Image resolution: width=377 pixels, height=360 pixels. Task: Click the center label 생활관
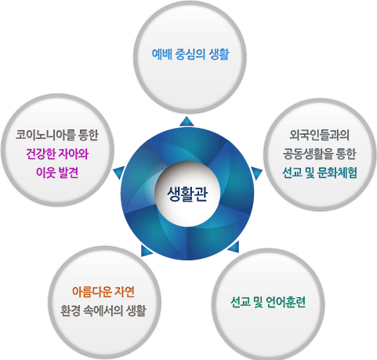[x=187, y=194]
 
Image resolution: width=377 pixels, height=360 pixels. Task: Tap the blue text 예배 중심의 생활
[x=190, y=54]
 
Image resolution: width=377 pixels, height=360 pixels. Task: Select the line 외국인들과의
[x=320, y=135]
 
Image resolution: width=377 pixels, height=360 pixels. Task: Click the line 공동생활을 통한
[x=320, y=154]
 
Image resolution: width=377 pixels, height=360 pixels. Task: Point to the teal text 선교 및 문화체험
[x=320, y=173]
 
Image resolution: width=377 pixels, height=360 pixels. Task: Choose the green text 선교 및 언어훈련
[x=268, y=302]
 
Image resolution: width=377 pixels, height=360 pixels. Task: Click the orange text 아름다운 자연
[x=103, y=292]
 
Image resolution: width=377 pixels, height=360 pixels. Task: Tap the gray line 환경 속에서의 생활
[x=103, y=311]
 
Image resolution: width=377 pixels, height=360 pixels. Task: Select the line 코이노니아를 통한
[x=57, y=135]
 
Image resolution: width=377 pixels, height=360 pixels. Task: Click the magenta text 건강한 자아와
[x=57, y=154]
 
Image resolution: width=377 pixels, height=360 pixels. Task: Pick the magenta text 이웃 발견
[x=57, y=173]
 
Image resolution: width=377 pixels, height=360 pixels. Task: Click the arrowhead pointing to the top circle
[x=187, y=122]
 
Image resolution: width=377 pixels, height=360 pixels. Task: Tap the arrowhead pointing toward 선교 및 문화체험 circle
[x=256, y=173]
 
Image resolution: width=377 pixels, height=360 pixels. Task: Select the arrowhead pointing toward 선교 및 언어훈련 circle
[x=234, y=248]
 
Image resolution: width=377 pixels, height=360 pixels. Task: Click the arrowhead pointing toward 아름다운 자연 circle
[x=146, y=251]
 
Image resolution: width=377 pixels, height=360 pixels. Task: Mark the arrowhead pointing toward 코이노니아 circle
[x=119, y=173]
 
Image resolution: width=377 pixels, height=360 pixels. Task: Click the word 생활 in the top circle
[x=219, y=54]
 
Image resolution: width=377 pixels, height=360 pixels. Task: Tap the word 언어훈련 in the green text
[x=286, y=302]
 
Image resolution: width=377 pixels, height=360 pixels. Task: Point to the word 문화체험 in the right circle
[x=337, y=173]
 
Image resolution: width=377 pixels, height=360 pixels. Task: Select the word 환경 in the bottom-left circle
[x=71, y=311]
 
